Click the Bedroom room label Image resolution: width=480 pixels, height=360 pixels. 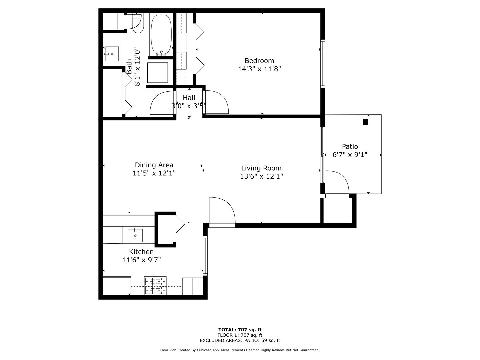click(x=259, y=61)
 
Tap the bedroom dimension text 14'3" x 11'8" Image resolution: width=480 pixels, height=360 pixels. click(x=259, y=69)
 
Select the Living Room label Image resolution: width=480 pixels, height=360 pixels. click(x=261, y=168)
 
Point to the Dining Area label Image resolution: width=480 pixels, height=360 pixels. click(x=154, y=165)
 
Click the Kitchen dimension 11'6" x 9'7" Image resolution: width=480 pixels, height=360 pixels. click(x=141, y=260)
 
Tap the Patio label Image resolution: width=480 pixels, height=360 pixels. click(x=350, y=146)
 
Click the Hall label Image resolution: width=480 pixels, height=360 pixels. click(x=189, y=98)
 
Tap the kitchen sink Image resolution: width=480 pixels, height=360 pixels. click(x=135, y=235)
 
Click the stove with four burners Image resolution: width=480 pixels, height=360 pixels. click(x=155, y=286)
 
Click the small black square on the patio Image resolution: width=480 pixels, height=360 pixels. click(x=366, y=122)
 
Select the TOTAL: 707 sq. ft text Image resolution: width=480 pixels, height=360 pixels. click(x=240, y=330)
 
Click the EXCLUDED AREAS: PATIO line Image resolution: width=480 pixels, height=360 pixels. click(x=240, y=340)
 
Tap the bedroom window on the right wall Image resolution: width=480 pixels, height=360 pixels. click(x=322, y=63)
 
